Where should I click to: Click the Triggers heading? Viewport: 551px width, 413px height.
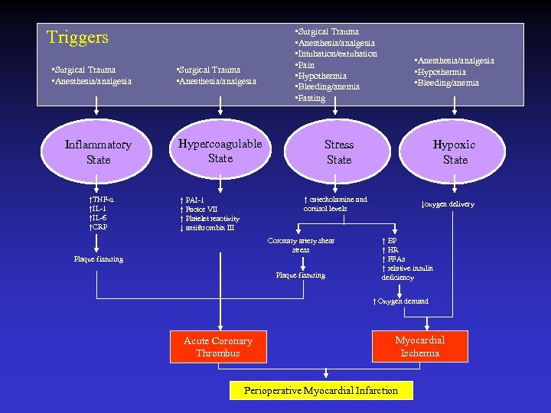(x=77, y=37)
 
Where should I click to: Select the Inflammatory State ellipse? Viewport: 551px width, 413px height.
(x=98, y=152)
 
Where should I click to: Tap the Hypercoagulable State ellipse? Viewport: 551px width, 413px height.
(x=220, y=151)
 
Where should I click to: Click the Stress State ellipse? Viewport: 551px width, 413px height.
(x=338, y=152)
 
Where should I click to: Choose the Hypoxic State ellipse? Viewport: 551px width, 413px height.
(x=455, y=152)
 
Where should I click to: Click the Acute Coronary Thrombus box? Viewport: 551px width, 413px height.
(x=218, y=347)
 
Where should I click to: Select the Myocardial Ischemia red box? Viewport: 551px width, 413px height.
(x=419, y=346)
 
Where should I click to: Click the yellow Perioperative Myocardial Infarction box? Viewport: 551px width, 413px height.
(x=321, y=391)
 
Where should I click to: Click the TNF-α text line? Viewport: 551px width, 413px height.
(x=102, y=200)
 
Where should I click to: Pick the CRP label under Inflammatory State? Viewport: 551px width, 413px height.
(x=99, y=227)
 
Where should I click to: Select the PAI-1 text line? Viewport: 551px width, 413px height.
(x=192, y=200)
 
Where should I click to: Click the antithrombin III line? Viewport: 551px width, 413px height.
(x=207, y=228)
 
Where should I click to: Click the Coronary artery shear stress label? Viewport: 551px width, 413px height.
(x=301, y=246)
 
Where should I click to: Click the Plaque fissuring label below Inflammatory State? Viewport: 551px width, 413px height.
(x=99, y=259)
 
